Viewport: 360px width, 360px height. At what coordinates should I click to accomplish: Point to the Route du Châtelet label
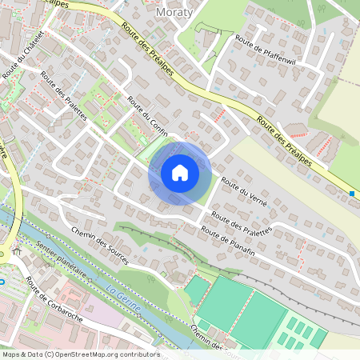[x=22, y=59]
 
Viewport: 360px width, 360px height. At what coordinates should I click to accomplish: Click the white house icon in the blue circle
[x=180, y=173]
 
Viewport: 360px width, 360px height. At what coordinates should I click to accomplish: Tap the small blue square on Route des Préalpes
[x=352, y=193]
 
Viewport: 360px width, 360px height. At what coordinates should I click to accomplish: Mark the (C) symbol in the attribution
[x=51, y=354]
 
